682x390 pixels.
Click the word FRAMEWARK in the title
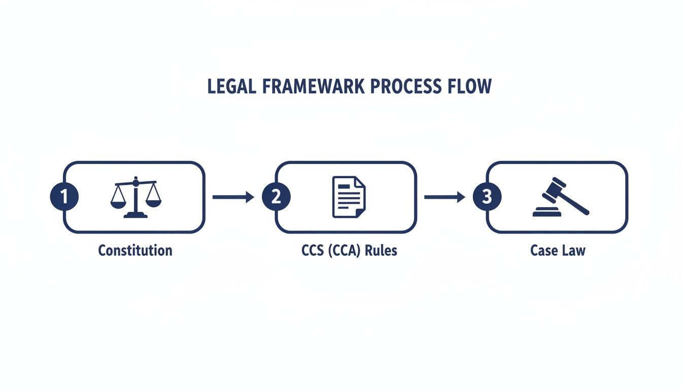pos(313,87)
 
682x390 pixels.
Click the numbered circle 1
pos(64,197)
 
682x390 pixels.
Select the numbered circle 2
pos(276,197)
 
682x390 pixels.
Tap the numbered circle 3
pos(487,197)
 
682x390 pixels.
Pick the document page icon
pos(349,197)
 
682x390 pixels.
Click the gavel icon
pos(560,197)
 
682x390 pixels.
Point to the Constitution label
pos(135,250)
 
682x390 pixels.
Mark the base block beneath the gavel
pos(547,213)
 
